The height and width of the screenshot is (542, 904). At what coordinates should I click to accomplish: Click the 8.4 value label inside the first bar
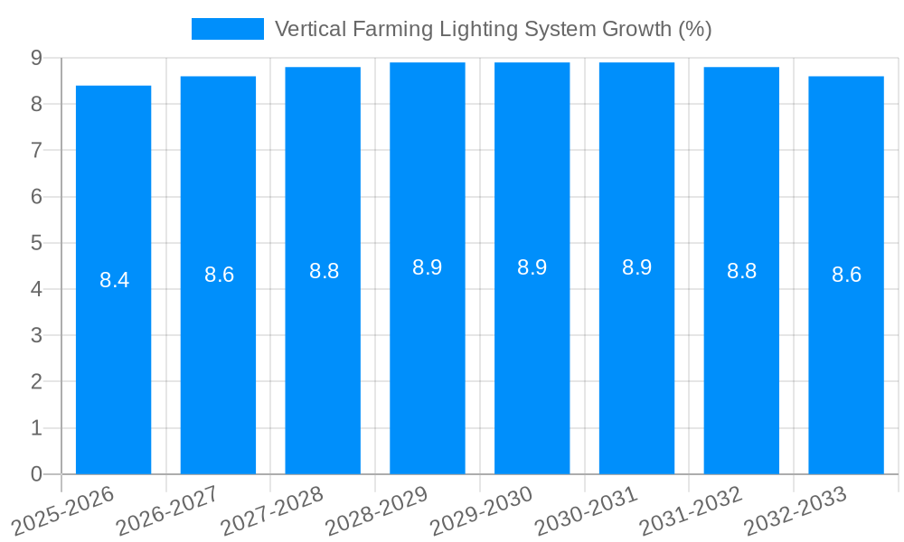[x=114, y=280]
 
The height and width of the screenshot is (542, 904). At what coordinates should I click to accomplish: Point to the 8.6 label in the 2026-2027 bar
[x=219, y=276]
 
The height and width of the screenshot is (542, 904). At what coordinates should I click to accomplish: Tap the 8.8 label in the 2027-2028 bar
[x=324, y=271]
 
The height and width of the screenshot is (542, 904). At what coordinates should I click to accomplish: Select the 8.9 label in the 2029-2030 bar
[x=532, y=267]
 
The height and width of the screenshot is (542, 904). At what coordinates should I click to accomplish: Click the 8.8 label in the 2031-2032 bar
[x=741, y=271]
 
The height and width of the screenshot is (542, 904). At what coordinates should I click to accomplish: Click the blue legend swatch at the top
[x=227, y=29]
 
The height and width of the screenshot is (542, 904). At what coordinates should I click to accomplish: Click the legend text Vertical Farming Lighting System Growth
[x=493, y=29]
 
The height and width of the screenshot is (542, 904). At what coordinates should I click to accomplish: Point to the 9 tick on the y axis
[x=36, y=58]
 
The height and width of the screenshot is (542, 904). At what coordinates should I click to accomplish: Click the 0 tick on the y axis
[x=36, y=474]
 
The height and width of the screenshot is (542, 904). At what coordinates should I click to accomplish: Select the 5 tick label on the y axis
[x=36, y=243]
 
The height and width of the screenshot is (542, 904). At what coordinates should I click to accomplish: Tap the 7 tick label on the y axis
[x=36, y=151]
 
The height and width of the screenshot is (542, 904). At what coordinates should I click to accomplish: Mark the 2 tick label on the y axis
[x=36, y=382]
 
